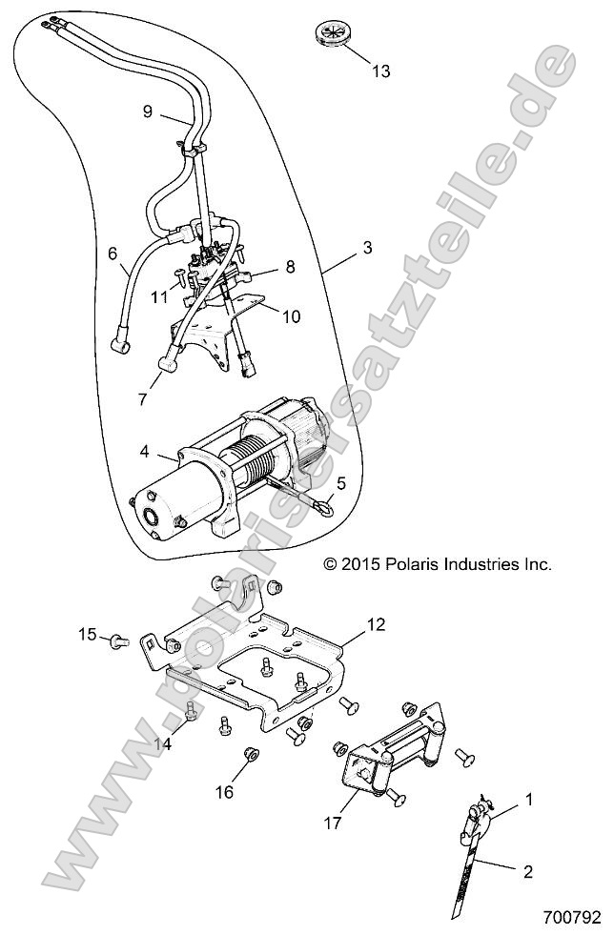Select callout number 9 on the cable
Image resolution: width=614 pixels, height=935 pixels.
click(x=148, y=112)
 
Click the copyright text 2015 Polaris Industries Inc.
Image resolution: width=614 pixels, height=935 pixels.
click(x=438, y=564)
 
